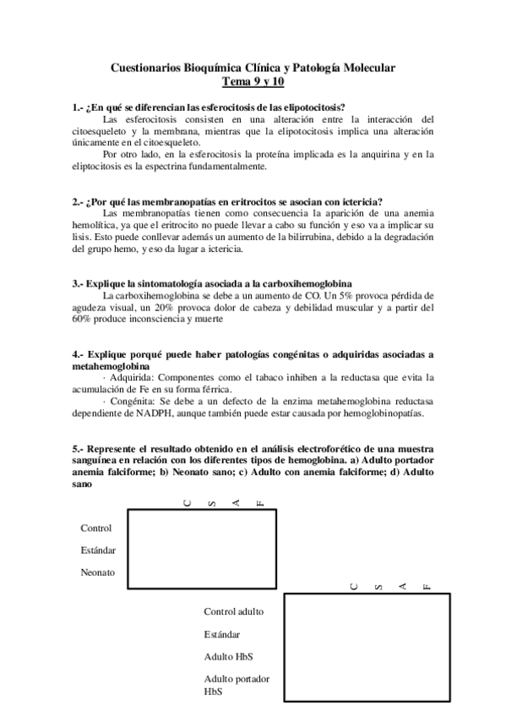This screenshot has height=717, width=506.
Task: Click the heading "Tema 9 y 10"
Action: tap(253, 82)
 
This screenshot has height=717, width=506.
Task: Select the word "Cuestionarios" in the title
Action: tap(149, 68)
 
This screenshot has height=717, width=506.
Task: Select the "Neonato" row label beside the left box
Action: tap(98, 572)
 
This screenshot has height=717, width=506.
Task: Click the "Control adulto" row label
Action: tap(234, 611)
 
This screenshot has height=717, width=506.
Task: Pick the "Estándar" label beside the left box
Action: tap(98, 550)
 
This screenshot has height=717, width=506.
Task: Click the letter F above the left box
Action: tap(261, 502)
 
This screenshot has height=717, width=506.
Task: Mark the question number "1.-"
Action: tap(79, 107)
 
